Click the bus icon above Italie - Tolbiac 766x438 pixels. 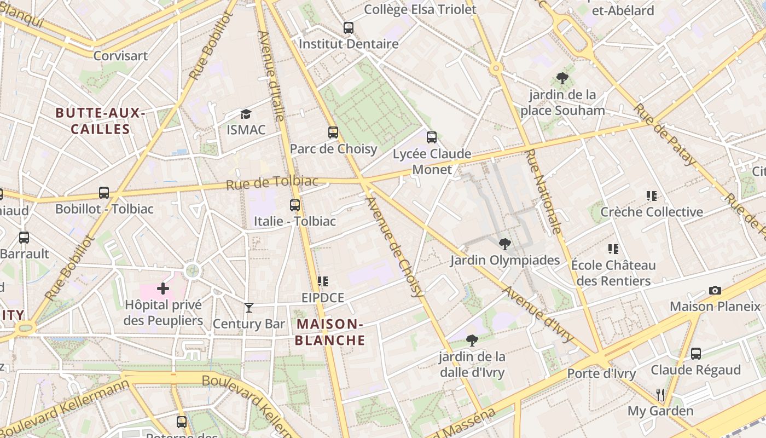tap(295, 205)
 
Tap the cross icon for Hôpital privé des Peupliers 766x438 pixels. tap(163, 289)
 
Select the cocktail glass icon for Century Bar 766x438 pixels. tap(249, 308)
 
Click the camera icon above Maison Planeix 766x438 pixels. tap(715, 290)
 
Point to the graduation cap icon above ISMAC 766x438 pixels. tap(246, 114)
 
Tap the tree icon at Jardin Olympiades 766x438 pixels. tap(504, 244)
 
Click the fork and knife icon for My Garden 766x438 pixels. tap(660, 394)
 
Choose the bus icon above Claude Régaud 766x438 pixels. tap(695, 354)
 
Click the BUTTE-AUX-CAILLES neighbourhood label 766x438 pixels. tap(100, 122)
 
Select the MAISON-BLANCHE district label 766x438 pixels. tap(330, 332)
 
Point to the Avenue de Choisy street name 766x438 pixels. tap(395, 247)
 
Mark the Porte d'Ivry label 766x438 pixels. tap(601, 374)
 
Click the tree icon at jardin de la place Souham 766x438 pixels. tap(562, 78)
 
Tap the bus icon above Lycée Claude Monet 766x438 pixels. tap(432, 137)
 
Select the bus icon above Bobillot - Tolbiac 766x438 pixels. tap(104, 193)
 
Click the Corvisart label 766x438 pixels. tap(120, 56)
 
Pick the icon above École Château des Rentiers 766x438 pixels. tap(613, 249)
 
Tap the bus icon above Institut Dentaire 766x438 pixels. tap(349, 27)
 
